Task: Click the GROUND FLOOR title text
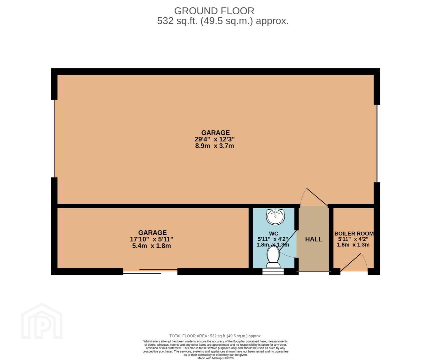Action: (x=214, y=11)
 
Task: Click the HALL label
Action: (x=314, y=239)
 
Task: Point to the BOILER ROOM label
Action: (x=354, y=234)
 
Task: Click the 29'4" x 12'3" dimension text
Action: (x=215, y=139)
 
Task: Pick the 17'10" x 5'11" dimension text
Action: (x=151, y=239)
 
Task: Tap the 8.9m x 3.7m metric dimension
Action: (x=215, y=146)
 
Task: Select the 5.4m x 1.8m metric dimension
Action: (x=151, y=246)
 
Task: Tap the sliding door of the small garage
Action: (x=150, y=271)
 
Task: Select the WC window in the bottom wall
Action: (x=273, y=271)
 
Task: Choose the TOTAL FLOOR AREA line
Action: (x=215, y=336)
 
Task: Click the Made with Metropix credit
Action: (x=215, y=358)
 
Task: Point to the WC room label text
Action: (x=274, y=234)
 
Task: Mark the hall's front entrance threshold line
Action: (x=314, y=271)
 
